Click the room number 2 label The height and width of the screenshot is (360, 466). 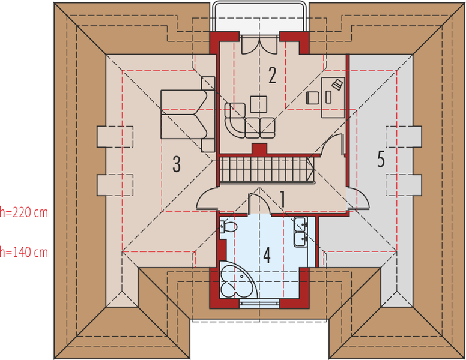click(x=272, y=75)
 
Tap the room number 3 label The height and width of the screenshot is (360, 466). click(x=177, y=164)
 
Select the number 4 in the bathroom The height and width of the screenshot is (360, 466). click(x=267, y=256)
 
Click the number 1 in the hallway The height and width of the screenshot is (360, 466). click(x=283, y=199)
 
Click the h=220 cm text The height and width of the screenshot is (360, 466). click(x=24, y=212)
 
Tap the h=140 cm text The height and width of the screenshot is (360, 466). click(x=24, y=252)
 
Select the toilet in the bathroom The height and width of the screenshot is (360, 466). click(x=229, y=227)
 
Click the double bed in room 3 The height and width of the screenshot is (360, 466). click(x=187, y=115)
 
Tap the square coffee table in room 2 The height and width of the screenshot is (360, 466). click(x=259, y=104)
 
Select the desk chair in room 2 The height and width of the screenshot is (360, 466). click(x=313, y=98)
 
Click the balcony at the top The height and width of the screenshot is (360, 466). click(x=260, y=17)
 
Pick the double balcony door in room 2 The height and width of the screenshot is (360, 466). click(x=259, y=44)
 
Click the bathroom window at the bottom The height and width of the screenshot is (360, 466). click(x=259, y=304)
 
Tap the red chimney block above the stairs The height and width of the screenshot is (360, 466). click(x=259, y=149)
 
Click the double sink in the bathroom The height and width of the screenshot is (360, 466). click(x=300, y=232)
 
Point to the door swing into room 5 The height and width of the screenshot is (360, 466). click(x=359, y=199)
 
